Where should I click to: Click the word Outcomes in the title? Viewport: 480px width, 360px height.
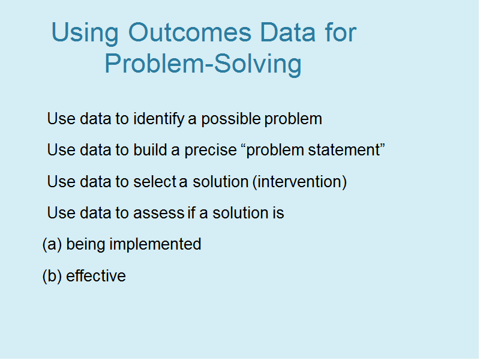190,32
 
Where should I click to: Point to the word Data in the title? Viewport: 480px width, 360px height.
288,32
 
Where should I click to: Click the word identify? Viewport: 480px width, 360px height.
159,119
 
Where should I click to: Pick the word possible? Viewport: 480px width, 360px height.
231,119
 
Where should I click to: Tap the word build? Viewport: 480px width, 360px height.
150,149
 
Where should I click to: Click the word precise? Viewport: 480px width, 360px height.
211,151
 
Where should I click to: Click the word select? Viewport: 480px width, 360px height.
155,182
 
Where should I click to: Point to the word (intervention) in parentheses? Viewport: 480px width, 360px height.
299,182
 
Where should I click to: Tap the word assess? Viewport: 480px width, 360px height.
158,214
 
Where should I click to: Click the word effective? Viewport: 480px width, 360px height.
96,275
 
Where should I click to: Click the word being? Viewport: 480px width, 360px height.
86,245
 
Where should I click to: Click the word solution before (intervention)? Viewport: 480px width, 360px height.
220,182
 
